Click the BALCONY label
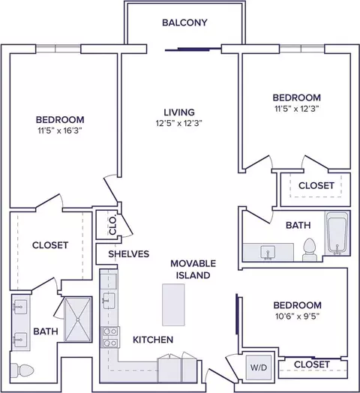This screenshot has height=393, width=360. coord(184,22)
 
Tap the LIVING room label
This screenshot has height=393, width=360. coord(179,112)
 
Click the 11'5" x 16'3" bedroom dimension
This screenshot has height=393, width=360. coord(59,130)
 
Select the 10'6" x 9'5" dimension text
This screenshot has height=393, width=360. coord(297,316)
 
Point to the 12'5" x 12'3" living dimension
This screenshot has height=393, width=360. coord(179,123)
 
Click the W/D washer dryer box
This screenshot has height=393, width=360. coord(259,367)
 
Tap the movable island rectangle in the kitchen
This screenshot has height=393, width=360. coord(173,304)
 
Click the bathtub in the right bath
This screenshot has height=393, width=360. coord(337,233)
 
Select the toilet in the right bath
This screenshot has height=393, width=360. coord(310,250)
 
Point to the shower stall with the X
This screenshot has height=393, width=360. coord(78,319)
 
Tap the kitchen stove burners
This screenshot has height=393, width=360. coord(110,337)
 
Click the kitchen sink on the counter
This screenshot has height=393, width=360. coord(108,301)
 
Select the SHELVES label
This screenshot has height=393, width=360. coord(128,254)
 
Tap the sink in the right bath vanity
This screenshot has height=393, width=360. coord(268,253)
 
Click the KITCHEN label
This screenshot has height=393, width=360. coord(153,340)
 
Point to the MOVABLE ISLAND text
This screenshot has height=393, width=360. coord(193,269)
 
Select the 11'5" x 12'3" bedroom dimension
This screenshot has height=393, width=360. coord(297,109)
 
